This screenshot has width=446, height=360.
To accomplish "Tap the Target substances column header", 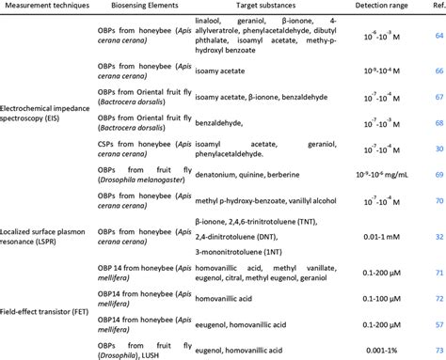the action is point(249,8).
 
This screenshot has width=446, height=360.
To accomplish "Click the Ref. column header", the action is point(435,8).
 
